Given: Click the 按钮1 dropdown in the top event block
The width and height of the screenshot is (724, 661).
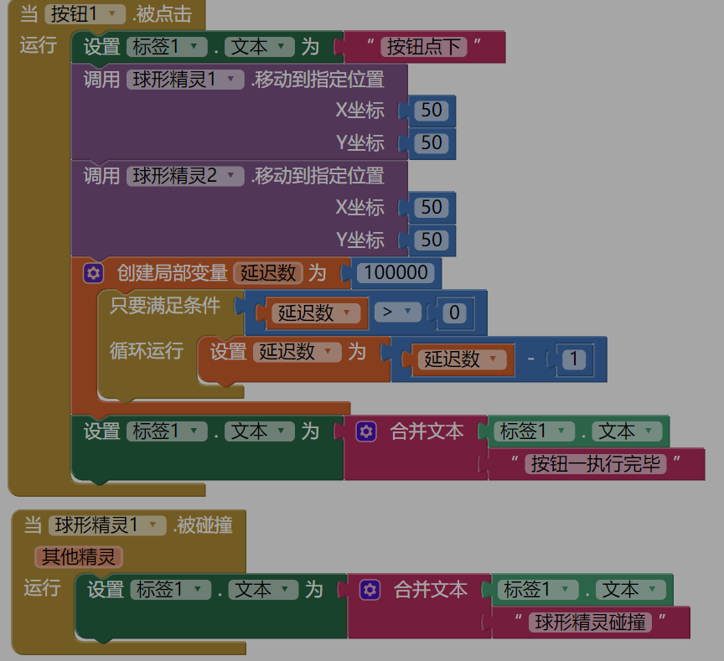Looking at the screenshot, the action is pos(84,14).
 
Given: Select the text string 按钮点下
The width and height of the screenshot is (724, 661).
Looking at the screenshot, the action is pos(423,47).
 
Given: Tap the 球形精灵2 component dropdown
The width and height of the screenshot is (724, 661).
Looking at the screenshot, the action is pos(185,176).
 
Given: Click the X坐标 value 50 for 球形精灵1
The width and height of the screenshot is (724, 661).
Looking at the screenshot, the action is pos(432,111).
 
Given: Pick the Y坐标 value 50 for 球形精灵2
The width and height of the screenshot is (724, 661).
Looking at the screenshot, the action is pos(432,240).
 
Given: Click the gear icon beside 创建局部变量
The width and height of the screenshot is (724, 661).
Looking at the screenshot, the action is pos(93,273).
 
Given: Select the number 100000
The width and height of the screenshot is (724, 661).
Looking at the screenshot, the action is pos(396,272).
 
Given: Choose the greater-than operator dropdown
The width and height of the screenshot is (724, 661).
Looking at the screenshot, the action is pos(396,312).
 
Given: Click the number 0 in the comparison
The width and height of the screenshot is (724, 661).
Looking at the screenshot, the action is pos(454,313).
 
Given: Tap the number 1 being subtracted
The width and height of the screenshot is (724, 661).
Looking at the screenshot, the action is pos(574,359).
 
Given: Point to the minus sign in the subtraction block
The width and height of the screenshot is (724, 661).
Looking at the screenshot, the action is pos(530,359).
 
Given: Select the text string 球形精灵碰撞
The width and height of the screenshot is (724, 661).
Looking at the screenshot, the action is pos(591,622).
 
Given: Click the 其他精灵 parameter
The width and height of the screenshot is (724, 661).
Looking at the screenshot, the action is pos(79,556).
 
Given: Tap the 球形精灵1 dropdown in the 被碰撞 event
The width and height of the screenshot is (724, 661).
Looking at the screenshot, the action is pos(106,525).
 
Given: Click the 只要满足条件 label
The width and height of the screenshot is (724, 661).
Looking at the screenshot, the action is pos(165,306).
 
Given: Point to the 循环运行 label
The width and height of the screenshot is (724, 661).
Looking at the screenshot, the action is pos(147,351).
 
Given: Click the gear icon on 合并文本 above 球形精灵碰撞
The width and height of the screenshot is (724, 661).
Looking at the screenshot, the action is pos(370,590).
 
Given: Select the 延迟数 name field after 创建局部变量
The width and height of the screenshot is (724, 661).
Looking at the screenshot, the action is pos(268,273).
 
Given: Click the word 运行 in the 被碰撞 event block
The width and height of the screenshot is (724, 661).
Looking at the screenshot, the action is pos(43,587).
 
